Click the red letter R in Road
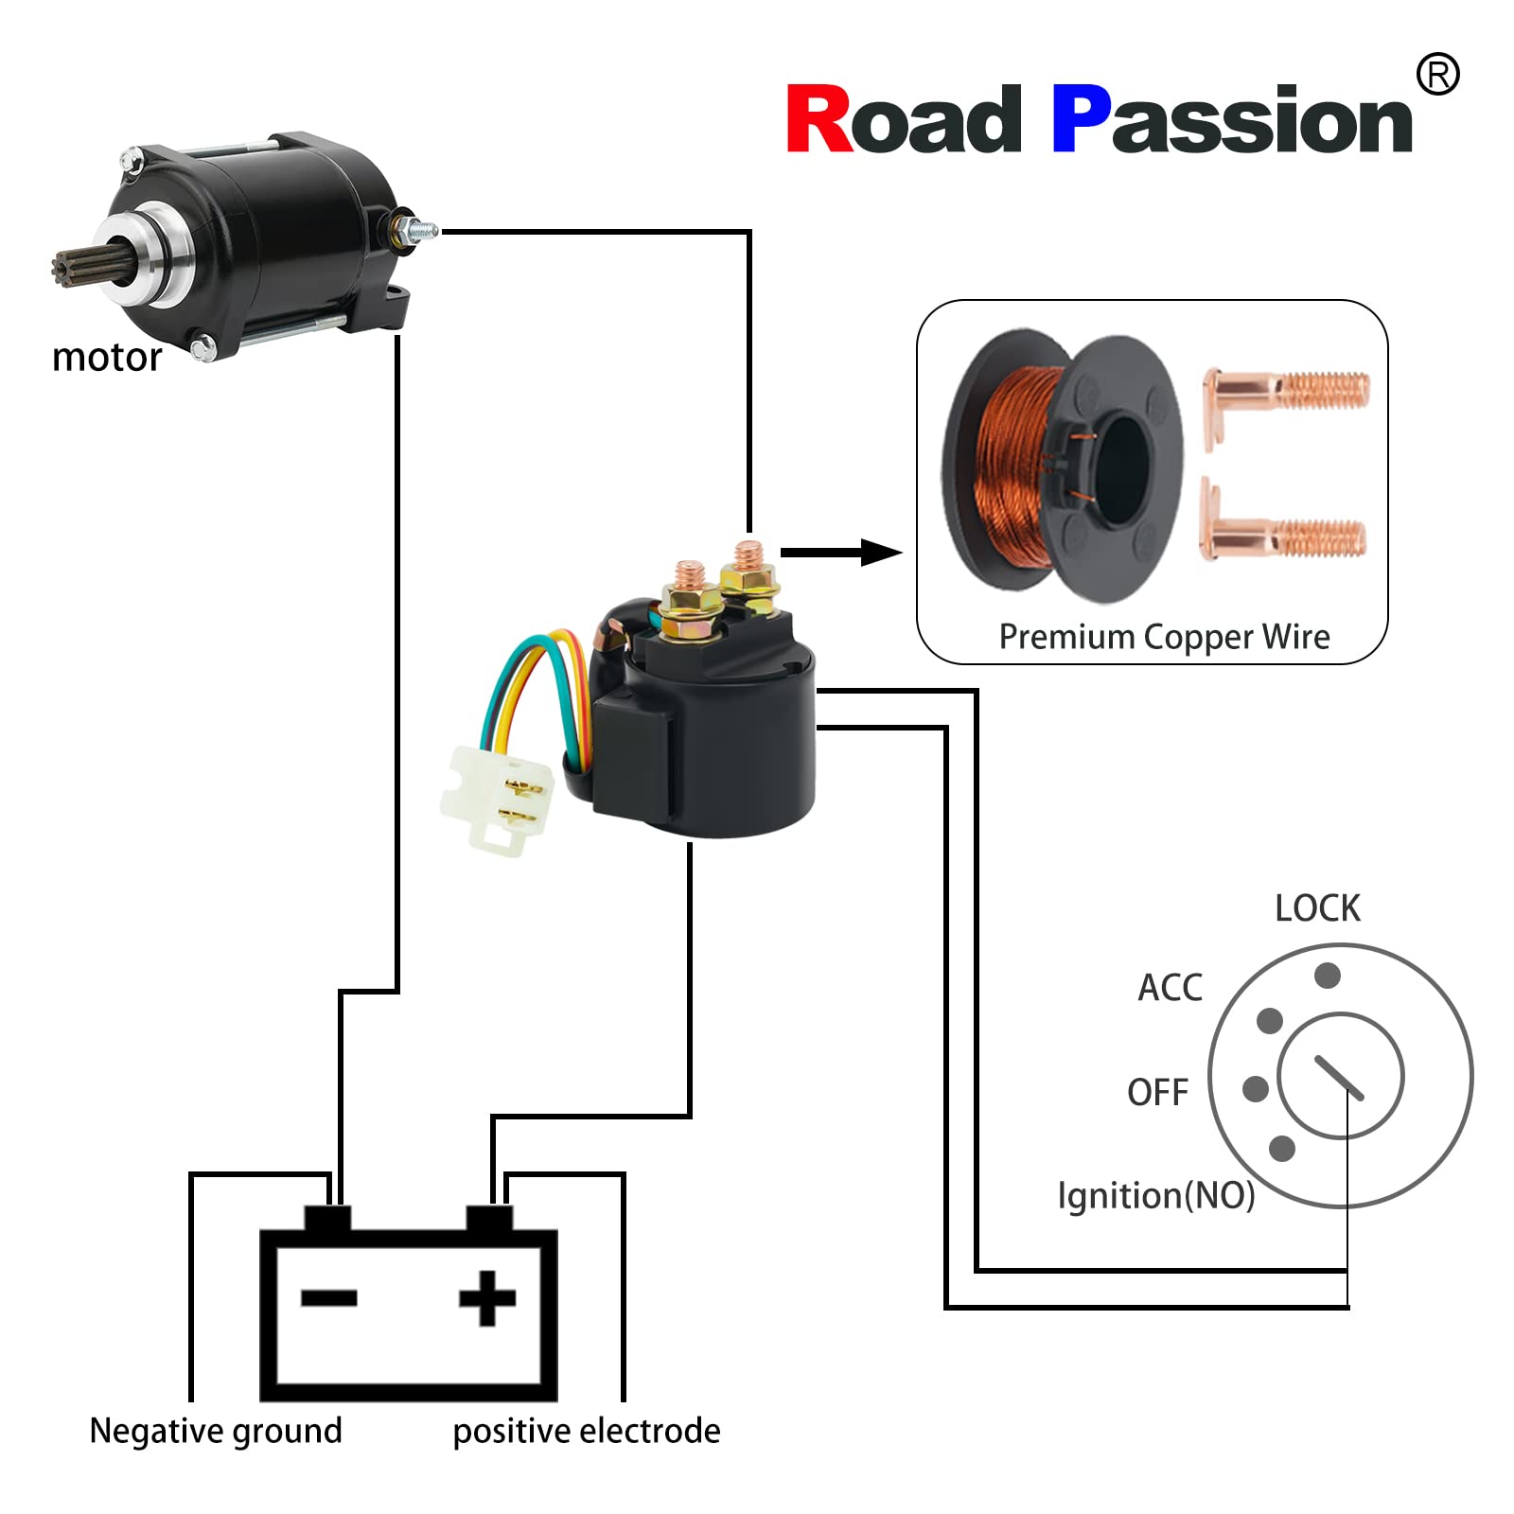tap(819, 119)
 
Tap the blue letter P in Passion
tap(1081, 119)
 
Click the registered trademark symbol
tap(1436, 74)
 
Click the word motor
tap(107, 358)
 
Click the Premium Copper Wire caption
tap(1164, 637)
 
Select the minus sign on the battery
tap(328, 1298)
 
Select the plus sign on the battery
tap(487, 1298)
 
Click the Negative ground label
tap(216, 1431)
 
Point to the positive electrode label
tap(586, 1431)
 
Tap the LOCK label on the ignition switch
tap(1316, 908)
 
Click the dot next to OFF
tap(1255, 1089)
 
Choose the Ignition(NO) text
tap(1155, 1195)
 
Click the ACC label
tap(1170, 988)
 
